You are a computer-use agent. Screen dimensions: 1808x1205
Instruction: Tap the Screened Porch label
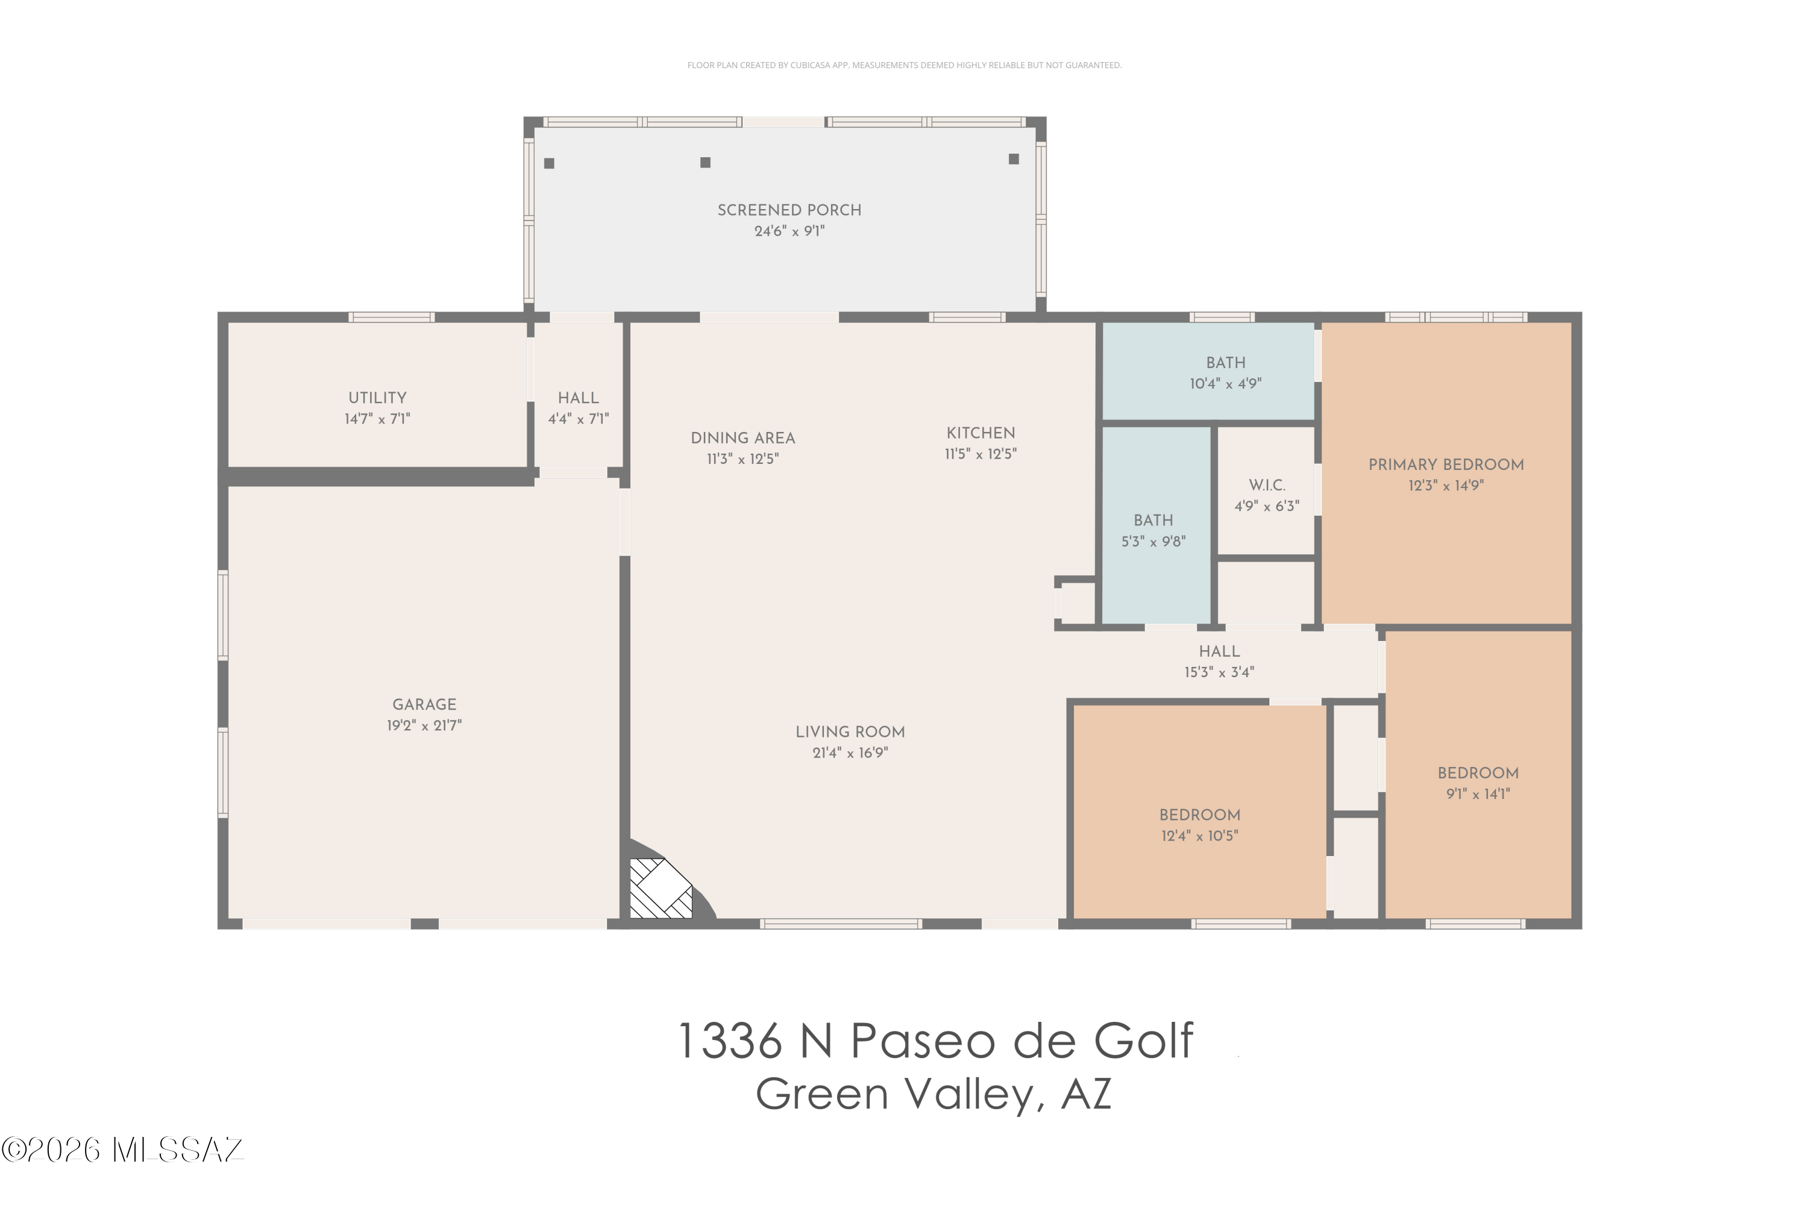[x=789, y=210]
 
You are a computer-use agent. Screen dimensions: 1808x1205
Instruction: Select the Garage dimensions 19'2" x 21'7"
[x=424, y=725]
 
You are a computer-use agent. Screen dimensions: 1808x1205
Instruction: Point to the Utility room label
[x=377, y=398]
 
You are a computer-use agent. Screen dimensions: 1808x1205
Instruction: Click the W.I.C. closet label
[x=1267, y=486]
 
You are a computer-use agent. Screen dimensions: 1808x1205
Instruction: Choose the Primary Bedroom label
[x=1446, y=465]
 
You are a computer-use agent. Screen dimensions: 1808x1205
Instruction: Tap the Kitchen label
[x=981, y=433]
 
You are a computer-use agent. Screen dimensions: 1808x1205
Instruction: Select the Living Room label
[x=850, y=733]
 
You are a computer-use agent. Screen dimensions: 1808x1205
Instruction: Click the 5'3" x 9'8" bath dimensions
[x=1153, y=542]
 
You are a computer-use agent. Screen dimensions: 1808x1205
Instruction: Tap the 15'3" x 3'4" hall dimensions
[x=1219, y=672]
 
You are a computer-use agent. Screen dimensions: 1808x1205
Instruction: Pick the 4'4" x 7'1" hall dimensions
[x=578, y=419]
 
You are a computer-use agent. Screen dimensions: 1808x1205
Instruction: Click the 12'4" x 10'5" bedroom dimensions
[x=1200, y=836]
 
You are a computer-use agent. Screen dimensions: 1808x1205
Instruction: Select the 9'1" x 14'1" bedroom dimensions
[x=1478, y=794]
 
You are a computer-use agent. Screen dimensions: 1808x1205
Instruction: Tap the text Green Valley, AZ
[x=934, y=1094]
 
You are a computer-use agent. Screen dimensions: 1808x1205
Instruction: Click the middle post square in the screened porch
[x=705, y=162]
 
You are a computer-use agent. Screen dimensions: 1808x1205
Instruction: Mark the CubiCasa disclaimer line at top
[x=904, y=65]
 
